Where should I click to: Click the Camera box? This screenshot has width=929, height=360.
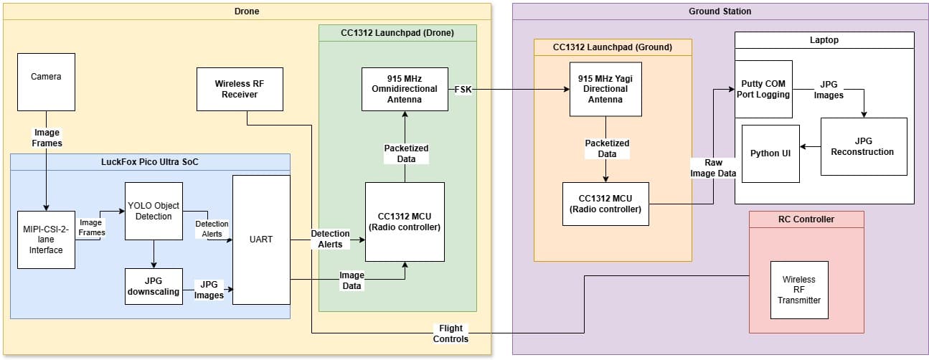click(46, 82)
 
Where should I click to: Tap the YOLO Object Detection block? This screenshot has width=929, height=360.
click(154, 211)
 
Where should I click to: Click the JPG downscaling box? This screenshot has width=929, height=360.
click(153, 286)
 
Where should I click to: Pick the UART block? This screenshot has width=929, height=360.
click(261, 239)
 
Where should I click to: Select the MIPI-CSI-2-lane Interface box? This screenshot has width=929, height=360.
click(46, 240)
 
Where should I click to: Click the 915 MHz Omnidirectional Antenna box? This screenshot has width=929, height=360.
click(405, 89)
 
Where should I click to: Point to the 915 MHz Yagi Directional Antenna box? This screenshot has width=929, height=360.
click(605, 89)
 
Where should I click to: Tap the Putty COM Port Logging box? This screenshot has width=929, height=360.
click(764, 89)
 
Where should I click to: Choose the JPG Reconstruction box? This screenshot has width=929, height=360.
click(864, 146)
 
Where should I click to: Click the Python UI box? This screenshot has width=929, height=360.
click(770, 153)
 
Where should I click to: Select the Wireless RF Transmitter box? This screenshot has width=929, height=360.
click(799, 290)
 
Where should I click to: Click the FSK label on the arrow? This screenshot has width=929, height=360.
click(463, 89)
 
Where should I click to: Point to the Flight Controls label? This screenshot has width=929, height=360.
click(451, 333)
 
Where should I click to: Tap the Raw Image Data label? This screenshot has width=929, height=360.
click(713, 169)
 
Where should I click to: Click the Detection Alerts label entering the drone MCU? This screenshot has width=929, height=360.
click(330, 239)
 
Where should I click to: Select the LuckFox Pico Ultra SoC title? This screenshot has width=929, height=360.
click(150, 162)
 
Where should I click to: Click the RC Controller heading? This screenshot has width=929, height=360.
click(806, 219)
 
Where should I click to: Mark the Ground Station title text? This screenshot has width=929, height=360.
click(720, 11)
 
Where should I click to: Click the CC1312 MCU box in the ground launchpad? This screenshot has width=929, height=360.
click(605, 204)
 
